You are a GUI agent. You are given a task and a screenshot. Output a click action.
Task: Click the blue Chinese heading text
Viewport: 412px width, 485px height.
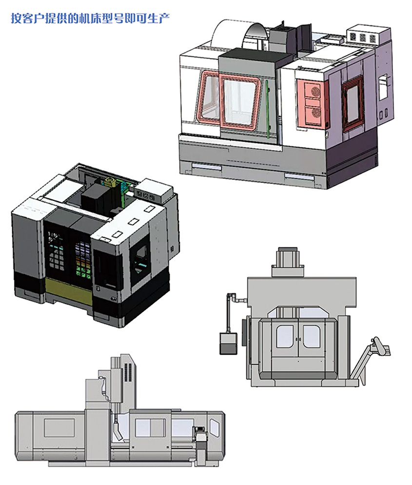(x=90, y=18)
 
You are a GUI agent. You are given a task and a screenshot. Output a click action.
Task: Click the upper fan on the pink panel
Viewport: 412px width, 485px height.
(x=315, y=91)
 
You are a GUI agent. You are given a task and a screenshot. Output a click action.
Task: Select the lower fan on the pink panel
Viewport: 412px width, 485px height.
(x=315, y=113)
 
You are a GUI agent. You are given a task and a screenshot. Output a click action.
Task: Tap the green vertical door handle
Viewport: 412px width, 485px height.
(x=268, y=109)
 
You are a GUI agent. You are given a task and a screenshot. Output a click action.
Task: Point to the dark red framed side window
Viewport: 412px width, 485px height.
(x=353, y=103)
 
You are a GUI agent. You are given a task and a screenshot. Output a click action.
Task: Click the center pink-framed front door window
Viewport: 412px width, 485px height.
(x=240, y=102)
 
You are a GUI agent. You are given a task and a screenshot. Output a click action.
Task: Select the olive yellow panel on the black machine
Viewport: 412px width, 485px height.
(x=69, y=291)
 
